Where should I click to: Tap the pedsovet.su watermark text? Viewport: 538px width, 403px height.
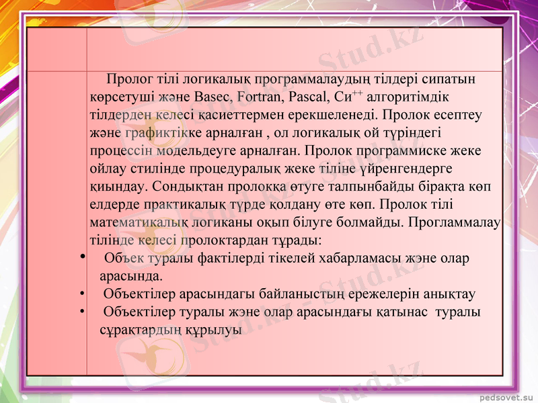504,396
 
